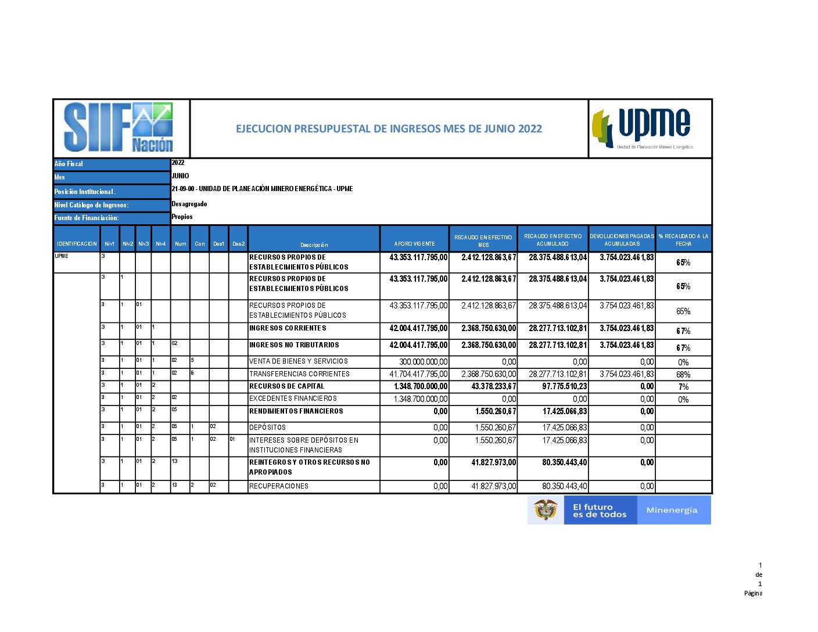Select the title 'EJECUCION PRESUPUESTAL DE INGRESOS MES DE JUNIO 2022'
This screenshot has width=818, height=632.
pos(389,129)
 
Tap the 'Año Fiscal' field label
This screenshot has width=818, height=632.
pos(69,164)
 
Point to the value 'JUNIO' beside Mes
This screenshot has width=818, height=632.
pos(180,176)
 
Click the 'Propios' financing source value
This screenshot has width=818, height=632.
pos(182,217)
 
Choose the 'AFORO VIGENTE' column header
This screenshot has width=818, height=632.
pos(414,244)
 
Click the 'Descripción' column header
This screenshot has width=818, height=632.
pos(314,245)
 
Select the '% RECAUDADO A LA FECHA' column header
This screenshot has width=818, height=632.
pos(683,240)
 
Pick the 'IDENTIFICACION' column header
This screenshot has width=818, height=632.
pos(77,244)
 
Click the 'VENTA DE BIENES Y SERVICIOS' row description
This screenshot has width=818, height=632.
pos(298,361)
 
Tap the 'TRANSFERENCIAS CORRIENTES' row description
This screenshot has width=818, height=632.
pos(299,374)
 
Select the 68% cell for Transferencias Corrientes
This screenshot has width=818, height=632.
pos(683,375)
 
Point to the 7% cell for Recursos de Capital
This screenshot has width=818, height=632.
pos(683,387)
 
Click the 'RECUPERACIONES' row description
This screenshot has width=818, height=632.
pos(278,486)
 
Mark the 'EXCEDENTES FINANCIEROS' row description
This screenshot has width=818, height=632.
pos(293,398)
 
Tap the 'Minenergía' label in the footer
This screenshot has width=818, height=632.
pos(672,510)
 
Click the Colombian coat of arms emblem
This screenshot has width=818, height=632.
pos(546,510)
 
